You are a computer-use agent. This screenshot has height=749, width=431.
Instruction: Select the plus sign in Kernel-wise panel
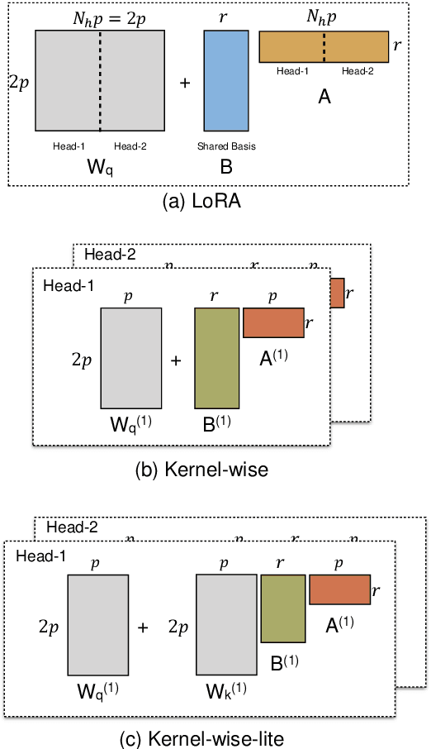tap(176, 360)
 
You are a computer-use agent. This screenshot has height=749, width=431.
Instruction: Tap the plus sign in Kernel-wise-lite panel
tap(143, 627)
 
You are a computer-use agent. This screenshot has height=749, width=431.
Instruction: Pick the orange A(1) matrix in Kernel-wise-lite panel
tap(339, 590)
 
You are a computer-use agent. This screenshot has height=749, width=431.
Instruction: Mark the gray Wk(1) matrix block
tap(226, 625)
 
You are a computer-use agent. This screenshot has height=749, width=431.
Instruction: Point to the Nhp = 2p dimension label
tap(100, 16)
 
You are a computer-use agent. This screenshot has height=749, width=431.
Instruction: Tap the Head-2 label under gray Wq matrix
tap(130, 146)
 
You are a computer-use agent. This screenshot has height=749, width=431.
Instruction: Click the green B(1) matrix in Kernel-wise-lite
tap(283, 609)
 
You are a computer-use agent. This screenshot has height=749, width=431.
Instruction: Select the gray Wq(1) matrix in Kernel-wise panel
tap(130, 358)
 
